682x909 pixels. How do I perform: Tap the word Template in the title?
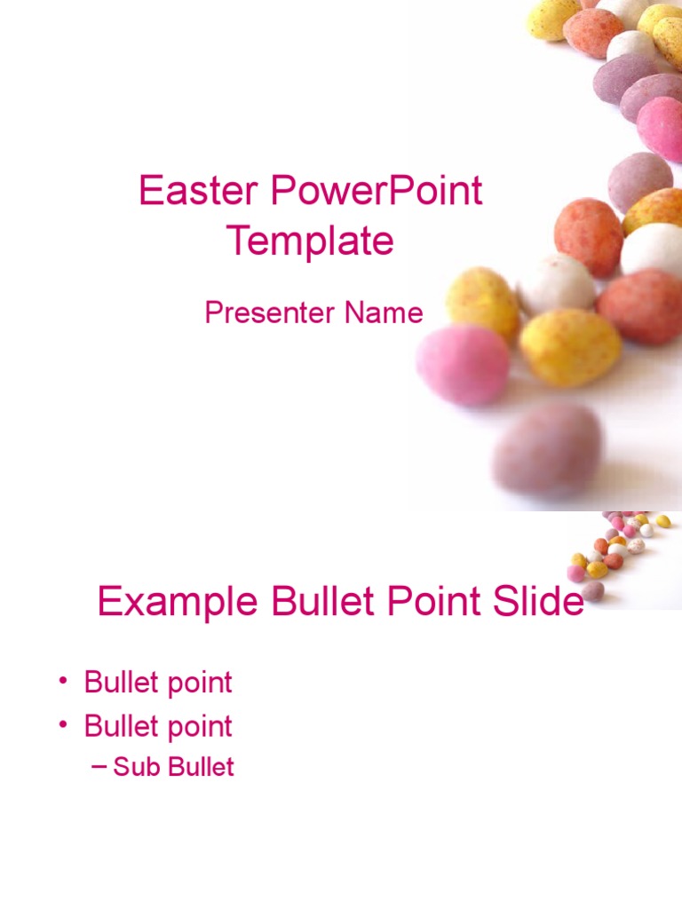coord(310,241)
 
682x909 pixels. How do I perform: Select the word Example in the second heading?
coord(178,603)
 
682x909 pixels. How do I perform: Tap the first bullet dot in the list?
coord(63,682)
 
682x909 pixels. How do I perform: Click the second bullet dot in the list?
coord(63,725)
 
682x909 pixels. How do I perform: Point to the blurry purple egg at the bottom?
coord(547,448)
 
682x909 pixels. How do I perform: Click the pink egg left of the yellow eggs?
coord(463,364)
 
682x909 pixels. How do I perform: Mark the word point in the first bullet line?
coord(196,684)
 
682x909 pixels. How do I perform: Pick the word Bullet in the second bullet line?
coord(119,726)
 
